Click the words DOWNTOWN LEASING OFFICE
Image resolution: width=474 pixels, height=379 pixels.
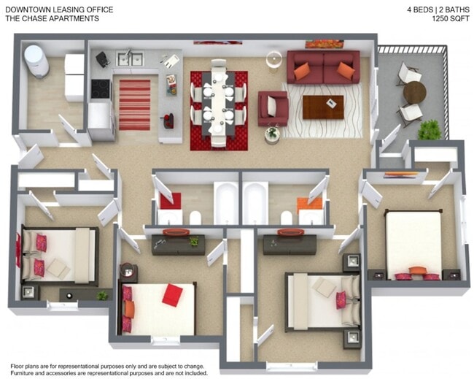coord(59,9)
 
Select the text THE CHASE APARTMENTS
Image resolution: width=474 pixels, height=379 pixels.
coord(52,18)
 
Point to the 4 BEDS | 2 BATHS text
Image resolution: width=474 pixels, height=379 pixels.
coord(438,9)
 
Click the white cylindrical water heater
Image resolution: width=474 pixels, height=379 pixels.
coord(35,61)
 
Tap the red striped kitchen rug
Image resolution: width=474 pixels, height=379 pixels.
coord(134,104)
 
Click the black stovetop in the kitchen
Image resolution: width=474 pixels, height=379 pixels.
coord(101,88)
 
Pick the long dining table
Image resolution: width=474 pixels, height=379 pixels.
coord(218,102)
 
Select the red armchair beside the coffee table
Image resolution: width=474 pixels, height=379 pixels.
coord(273,108)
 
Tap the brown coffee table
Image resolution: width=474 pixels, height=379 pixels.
coord(322,107)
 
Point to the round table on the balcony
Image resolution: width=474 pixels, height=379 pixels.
coord(414,92)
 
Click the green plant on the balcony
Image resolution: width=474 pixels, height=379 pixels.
coord(430,129)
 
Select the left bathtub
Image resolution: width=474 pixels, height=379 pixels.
coord(226,203)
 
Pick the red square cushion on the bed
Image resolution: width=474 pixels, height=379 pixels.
coord(172,294)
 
